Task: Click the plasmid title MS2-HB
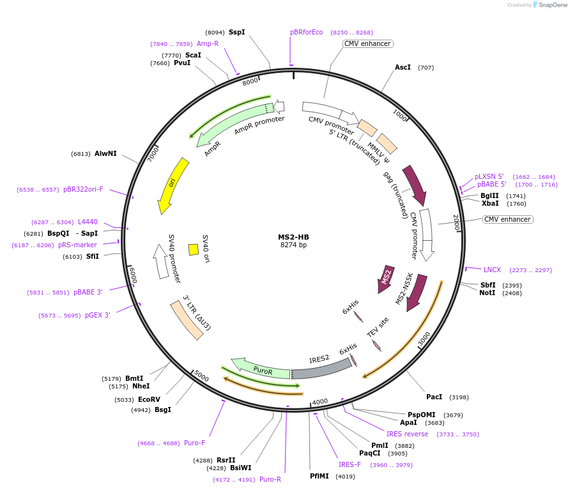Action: (x=293, y=236)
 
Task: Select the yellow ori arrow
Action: (x=173, y=185)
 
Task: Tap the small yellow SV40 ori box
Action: (x=193, y=249)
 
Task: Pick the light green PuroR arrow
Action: (x=262, y=369)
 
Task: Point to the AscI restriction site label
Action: (x=403, y=67)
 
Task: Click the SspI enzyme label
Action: (x=236, y=32)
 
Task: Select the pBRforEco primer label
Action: (x=307, y=32)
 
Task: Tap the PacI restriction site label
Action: (x=434, y=397)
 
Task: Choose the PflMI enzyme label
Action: (x=319, y=476)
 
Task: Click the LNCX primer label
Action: (x=492, y=270)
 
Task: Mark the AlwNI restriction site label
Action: (x=105, y=153)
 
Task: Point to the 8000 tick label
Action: (x=250, y=80)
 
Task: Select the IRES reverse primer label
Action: (x=407, y=434)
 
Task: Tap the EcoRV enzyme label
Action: (x=149, y=399)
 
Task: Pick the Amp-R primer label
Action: (x=208, y=43)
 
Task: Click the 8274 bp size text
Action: (x=293, y=245)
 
